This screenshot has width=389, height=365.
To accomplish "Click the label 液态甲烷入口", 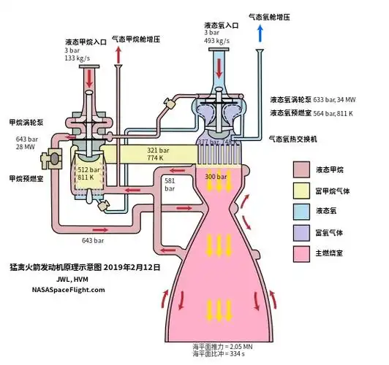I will click(86, 42).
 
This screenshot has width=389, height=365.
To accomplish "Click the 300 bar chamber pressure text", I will click(215, 177).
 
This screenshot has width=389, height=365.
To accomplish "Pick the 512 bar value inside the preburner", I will click(89, 168).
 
